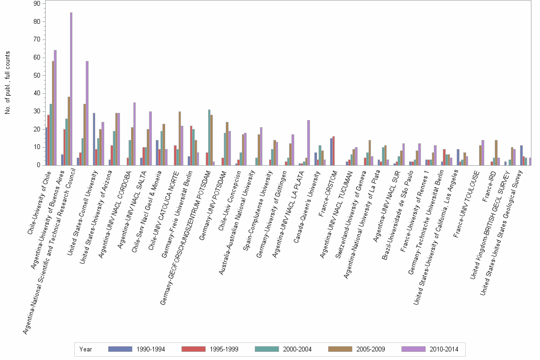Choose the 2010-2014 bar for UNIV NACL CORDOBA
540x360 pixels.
[134, 134]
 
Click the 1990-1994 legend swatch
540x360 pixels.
[120, 349]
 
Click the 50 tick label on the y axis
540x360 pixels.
[37, 75]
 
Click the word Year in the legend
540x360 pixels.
[86, 349]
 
